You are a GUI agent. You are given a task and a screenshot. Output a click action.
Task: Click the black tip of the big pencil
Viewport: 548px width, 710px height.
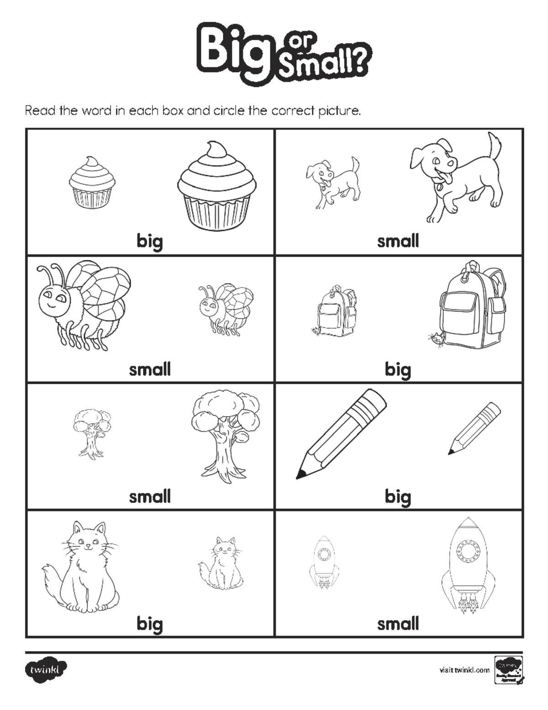[301, 474]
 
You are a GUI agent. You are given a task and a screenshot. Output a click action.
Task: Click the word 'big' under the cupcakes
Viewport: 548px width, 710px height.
[150, 241]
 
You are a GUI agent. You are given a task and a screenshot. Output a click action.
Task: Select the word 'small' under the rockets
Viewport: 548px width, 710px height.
[398, 624]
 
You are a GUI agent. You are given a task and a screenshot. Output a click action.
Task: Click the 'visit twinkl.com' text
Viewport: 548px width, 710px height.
[464, 670]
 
